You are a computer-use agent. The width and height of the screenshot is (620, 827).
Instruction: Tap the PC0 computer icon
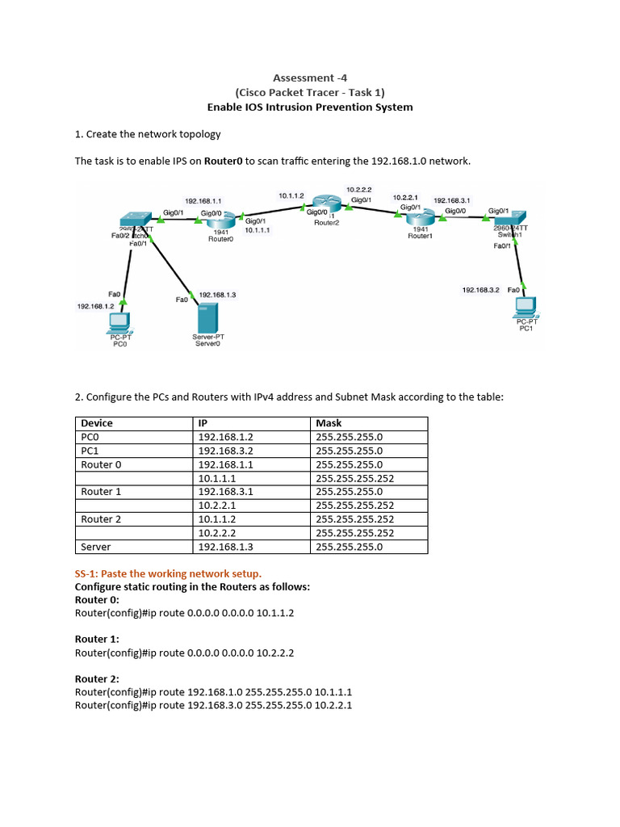[119, 322]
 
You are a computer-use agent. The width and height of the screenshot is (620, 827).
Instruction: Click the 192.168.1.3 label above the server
[217, 295]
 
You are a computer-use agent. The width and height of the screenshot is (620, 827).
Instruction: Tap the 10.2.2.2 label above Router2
[359, 189]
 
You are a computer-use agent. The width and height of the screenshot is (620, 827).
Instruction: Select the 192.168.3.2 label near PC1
[481, 289]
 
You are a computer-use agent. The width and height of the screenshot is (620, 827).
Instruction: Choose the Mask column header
[329, 422]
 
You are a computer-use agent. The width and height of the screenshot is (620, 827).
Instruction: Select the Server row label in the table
[96, 547]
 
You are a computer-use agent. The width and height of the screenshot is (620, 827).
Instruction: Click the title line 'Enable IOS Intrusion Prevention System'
[310, 107]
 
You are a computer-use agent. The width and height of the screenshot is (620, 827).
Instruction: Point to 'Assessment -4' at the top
[310, 78]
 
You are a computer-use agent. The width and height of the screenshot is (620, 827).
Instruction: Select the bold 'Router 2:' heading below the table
[97, 678]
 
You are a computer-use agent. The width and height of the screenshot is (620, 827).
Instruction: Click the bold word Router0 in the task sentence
[224, 161]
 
